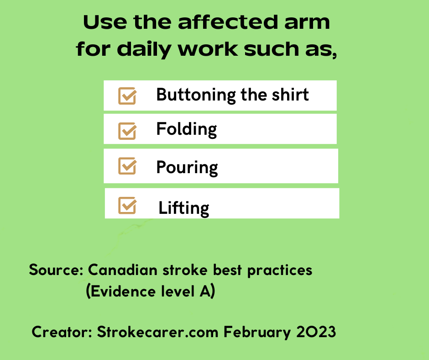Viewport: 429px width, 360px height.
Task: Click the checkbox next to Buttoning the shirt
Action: coord(127,96)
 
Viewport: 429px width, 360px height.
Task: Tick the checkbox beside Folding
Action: coord(127,131)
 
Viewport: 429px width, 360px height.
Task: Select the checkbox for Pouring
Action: coord(127,166)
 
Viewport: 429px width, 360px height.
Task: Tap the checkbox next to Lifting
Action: coord(127,205)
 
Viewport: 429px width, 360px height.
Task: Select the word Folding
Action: coord(187,129)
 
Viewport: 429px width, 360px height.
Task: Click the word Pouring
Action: coord(187,167)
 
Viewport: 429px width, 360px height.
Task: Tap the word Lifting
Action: coord(184,208)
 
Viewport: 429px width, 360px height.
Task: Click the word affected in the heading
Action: coord(228,22)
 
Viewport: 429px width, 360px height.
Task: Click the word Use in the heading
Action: coord(105,22)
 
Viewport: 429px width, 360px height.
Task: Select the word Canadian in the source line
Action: coord(123,270)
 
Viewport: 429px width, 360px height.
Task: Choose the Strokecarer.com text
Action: coord(157,332)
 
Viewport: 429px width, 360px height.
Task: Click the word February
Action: coord(257,333)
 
